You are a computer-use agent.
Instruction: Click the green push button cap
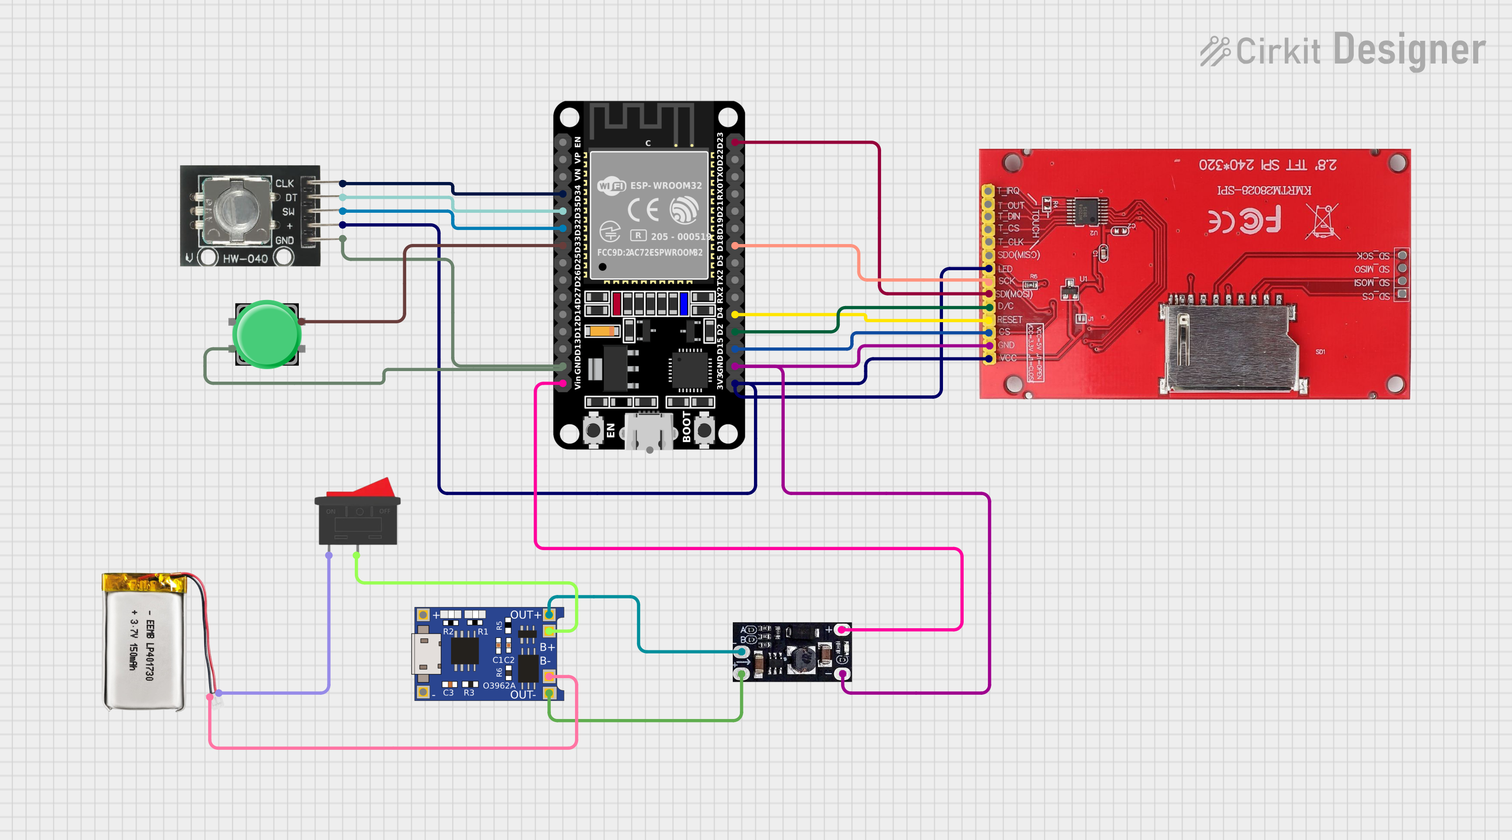point(267,334)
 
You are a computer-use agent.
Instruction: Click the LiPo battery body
point(144,648)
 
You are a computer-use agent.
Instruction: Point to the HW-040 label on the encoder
point(245,259)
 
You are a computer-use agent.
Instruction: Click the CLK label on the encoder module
point(285,184)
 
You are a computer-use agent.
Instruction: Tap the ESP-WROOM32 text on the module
point(666,186)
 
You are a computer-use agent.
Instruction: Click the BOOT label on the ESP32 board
point(686,427)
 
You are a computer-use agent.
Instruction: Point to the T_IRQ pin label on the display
point(1009,191)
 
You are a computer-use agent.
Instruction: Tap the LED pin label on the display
point(1005,269)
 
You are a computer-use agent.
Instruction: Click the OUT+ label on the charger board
point(524,615)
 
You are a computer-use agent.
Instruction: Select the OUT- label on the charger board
point(522,695)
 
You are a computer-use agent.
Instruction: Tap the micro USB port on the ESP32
point(649,432)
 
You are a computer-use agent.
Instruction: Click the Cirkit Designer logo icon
point(1215,51)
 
